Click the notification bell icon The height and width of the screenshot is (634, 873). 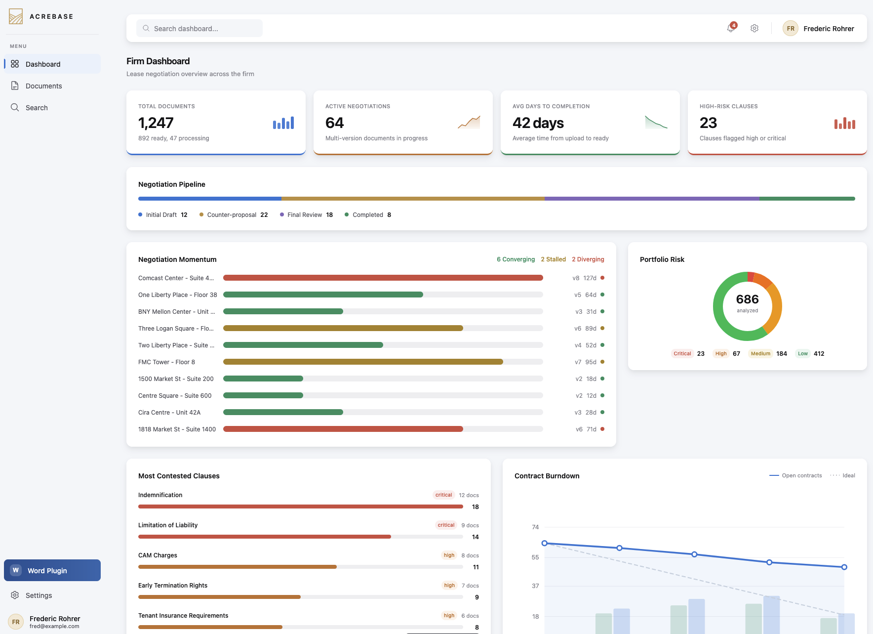pos(731,28)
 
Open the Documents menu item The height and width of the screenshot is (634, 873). pos(43,86)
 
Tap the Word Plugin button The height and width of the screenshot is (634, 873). pos(52,570)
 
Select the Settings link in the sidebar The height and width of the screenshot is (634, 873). pos(39,595)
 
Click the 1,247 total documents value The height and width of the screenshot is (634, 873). pos(156,123)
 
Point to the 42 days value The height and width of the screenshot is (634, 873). pos(538,123)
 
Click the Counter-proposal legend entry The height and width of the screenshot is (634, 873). pos(231,215)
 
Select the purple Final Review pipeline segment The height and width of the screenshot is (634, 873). pos(652,199)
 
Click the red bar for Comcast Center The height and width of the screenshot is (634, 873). pos(383,278)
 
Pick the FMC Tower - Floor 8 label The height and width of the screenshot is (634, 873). pos(166,362)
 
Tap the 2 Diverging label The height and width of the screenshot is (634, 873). pos(588,259)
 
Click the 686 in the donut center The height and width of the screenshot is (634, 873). pos(747,299)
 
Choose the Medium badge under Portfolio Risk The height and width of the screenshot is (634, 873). pos(760,354)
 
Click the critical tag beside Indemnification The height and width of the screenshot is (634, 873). pos(443,495)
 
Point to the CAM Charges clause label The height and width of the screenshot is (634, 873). pos(158,555)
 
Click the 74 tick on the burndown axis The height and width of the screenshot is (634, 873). pos(535,527)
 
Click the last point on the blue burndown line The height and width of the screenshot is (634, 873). pos(844,567)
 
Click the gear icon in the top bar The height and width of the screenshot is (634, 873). pos(754,28)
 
